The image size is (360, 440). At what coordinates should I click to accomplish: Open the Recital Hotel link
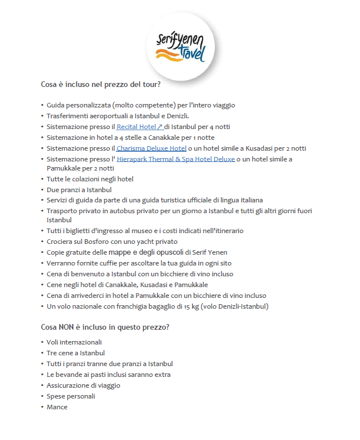[139, 127]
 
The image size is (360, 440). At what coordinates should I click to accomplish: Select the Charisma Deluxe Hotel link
[151, 148]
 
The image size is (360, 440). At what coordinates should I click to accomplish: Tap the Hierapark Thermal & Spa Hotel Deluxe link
[176, 159]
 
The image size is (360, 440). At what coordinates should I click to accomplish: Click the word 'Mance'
[57, 407]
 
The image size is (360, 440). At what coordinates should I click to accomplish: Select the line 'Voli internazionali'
[74, 342]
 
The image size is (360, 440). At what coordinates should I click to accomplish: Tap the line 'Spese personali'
[71, 396]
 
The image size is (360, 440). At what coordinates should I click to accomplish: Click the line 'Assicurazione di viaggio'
[83, 385]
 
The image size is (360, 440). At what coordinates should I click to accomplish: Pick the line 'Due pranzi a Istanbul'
[78, 189]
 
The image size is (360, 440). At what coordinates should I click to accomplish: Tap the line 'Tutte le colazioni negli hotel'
[90, 179]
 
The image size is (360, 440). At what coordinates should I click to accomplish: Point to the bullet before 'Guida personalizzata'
[42, 105]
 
